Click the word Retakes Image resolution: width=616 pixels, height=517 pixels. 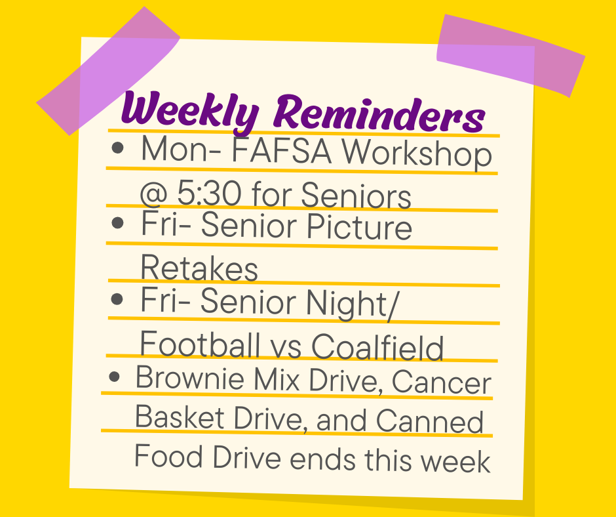click(x=199, y=268)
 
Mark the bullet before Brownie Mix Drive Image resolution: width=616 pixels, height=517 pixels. click(x=115, y=377)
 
